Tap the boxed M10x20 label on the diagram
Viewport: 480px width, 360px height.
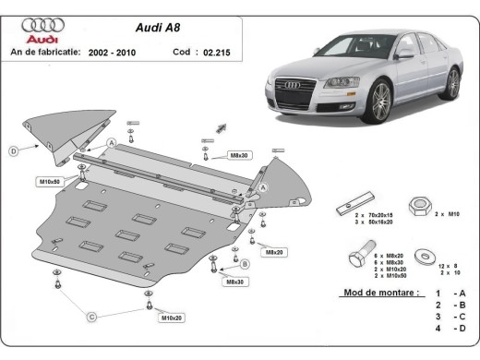172,318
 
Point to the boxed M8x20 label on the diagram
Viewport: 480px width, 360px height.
273,251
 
